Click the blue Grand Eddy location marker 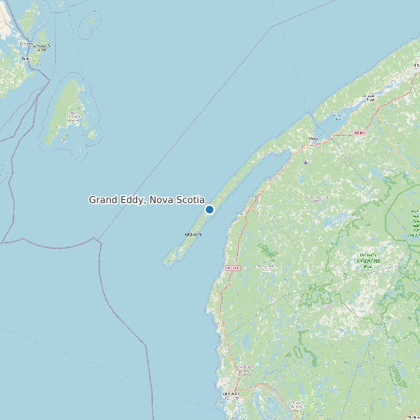pyautogui.click(x=209, y=209)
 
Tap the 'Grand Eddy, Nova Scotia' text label pyautogui.click(x=146, y=200)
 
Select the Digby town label pyautogui.click(x=313, y=139)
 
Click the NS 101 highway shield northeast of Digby pyautogui.click(x=358, y=133)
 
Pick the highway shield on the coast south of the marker pyautogui.click(x=232, y=267)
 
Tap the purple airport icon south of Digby pyautogui.click(x=306, y=162)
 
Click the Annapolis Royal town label pyautogui.click(x=371, y=98)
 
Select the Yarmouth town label pyautogui.click(x=230, y=394)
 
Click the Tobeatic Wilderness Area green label pyautogui.click(x=367, y=260)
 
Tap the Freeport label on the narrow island pyautogui.click(x=192, y=234)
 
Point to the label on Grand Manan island pyautogui.click(x=74, y=117)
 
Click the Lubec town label pyautogui.click(x=26, y=58)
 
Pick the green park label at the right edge pyautogui.click(x=415, y=225)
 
